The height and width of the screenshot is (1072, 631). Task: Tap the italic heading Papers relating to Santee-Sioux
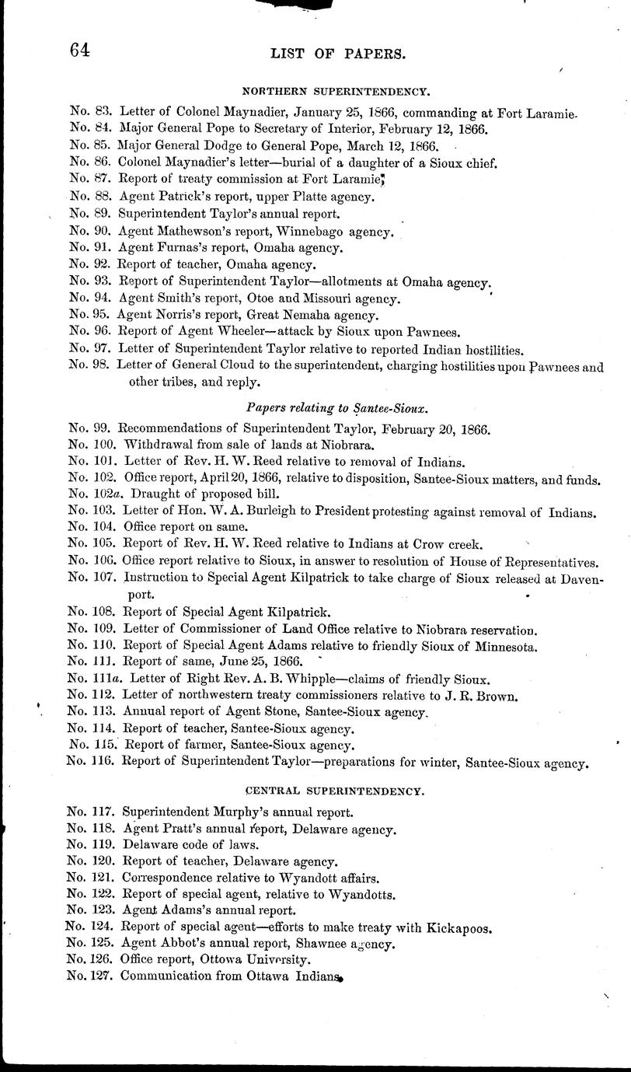click(338, 407)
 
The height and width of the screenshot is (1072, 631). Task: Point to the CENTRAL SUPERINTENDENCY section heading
click(335, 791)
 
